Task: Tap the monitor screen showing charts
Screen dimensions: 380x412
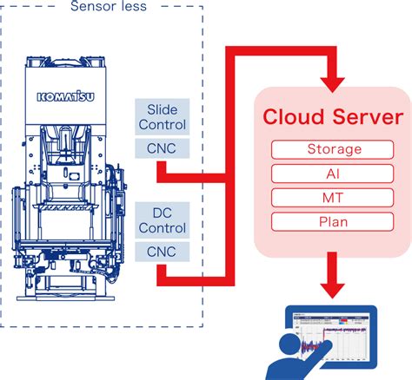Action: point(334,337)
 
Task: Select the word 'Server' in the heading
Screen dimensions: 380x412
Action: point(365,118)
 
